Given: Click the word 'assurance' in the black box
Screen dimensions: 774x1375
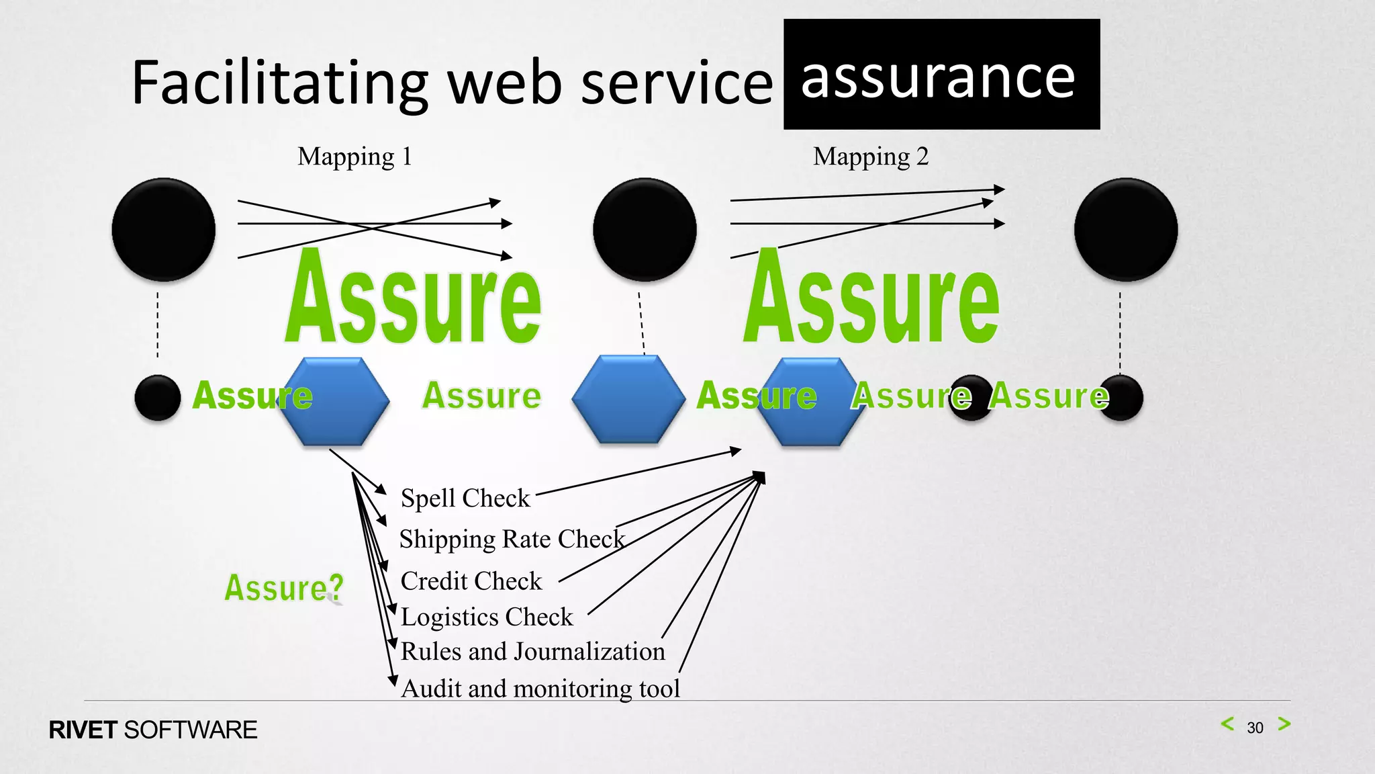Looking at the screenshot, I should [939, 78].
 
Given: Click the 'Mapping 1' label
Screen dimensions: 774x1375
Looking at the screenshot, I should [354, 157].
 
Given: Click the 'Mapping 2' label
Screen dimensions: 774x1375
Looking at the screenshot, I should [871, 157].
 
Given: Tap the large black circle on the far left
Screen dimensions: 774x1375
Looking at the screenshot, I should [164, 230].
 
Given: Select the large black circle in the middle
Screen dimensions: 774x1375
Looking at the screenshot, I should [645, 230].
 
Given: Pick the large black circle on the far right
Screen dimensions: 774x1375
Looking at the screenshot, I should [1126, 230].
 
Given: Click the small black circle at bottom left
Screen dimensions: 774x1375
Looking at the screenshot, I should [158, 398].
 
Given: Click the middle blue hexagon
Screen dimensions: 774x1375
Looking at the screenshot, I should [628, 399].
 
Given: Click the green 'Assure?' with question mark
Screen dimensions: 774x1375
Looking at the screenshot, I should [283, 588].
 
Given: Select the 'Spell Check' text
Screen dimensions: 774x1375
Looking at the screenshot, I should [465, 499].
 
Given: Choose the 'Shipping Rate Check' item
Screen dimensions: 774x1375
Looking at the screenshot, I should [512, 540].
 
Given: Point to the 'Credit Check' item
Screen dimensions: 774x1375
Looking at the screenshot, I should [471, 581].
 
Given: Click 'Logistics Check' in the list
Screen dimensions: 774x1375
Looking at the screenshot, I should [487, 617].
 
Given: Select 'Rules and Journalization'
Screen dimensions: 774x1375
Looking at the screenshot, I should [532, 652].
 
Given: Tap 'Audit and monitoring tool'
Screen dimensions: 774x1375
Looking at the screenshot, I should [540, 689].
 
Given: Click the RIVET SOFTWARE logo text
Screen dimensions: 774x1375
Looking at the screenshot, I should [153, 730].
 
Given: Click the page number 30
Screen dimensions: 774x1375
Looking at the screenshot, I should [1255, 728].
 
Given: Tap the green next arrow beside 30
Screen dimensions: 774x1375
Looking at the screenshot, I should [1284, 724].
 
